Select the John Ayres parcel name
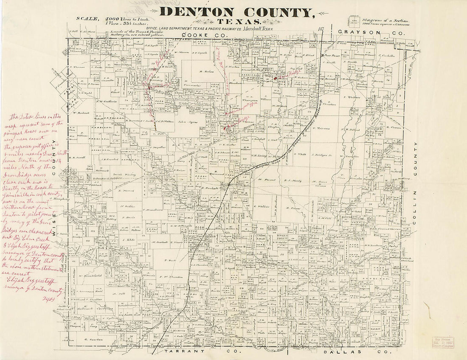(188, 121)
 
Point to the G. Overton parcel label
(91, 340)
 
